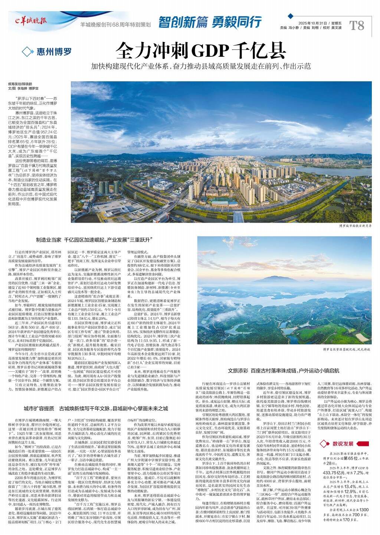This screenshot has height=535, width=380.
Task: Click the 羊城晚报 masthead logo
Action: [x=31, y=21]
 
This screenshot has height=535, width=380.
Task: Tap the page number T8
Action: [x=357, y=25]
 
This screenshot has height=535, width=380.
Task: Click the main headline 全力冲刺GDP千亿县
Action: [x=200, y=51]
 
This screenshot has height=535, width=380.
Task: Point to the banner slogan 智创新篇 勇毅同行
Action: [x=210, y=22]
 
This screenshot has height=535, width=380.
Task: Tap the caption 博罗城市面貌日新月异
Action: [x=355, y=225]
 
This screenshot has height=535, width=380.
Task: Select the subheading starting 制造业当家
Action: [x=95, y=240]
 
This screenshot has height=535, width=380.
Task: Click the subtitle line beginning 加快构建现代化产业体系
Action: [x=201, y=67]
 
